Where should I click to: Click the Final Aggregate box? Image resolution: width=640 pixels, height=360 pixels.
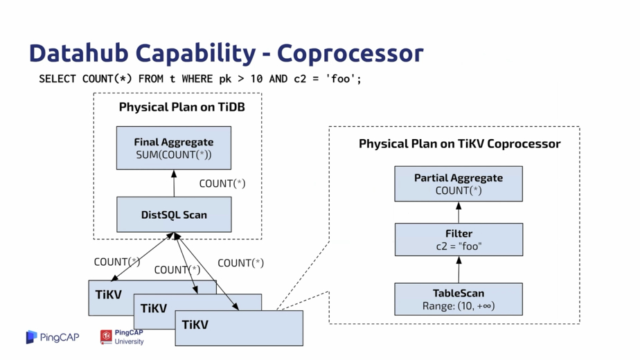[173, 147]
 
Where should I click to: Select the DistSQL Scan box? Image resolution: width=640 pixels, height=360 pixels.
[174, 215]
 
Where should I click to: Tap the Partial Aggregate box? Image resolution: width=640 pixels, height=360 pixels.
[459, 183]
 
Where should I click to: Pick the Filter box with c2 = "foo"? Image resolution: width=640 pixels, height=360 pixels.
[459, 240]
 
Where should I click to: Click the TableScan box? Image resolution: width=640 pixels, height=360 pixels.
[459, 299]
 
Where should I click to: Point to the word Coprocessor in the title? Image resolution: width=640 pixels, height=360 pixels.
[350, 53]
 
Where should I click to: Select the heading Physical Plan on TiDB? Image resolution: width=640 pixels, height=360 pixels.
[182, 107]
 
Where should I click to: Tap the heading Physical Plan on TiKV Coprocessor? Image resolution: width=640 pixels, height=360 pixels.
[460, 144]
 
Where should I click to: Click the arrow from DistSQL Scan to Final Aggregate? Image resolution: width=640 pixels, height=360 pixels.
[174, 183]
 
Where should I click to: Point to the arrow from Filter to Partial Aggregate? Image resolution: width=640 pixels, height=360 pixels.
[459, 213]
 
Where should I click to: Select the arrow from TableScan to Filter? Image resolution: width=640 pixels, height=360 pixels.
[459, 269]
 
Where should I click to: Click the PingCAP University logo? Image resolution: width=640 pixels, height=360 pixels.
[122, 337]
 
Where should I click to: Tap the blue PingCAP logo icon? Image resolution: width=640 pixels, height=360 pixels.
[31, 337]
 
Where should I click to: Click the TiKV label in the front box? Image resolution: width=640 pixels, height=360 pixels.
[195, 325]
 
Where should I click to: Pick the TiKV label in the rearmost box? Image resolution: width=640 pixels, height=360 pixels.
[109, 295]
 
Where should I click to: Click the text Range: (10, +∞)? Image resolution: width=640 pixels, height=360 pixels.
[459, 306]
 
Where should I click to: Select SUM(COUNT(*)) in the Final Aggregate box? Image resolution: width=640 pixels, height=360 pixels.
[174, 154]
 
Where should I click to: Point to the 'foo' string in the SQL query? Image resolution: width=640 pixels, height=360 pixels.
[341, 78]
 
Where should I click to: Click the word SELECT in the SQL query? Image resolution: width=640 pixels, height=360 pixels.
[57, 79]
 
